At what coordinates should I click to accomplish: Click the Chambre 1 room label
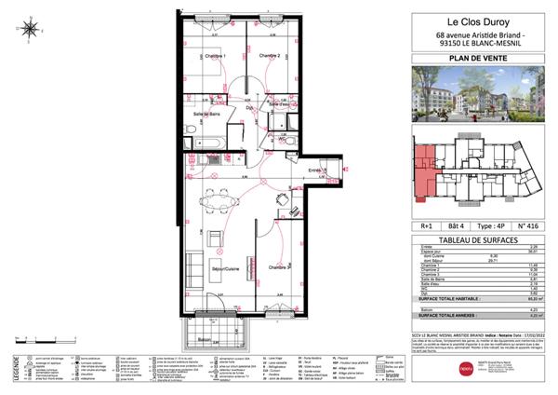click(x=215, y=56)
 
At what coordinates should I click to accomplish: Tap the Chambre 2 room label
click(x=270, y=56)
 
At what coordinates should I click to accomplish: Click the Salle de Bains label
click(x=206, y=115)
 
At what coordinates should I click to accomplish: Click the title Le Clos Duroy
click(x=473, y=20)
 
